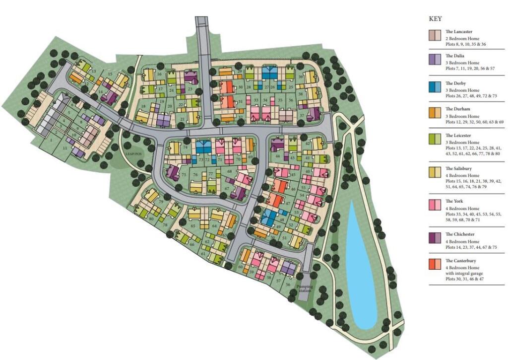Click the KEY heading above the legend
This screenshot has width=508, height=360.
[435, 18]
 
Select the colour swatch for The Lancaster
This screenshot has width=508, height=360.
[435, 35]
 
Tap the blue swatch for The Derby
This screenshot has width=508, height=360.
[435, 87]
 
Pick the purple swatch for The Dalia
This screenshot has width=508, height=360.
[435, 61]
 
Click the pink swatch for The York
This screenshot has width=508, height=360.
[435, 205]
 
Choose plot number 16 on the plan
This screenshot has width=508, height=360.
[159, 74]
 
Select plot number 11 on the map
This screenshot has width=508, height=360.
[64, 148]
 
